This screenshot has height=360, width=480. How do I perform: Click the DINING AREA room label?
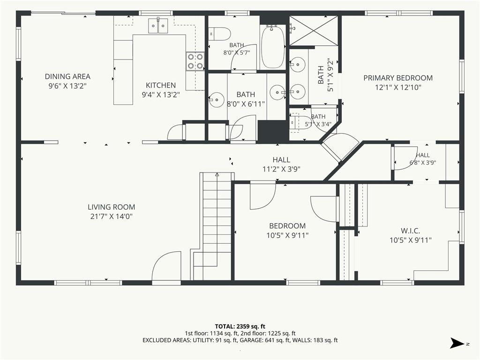67,76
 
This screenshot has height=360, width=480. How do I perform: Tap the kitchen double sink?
158,25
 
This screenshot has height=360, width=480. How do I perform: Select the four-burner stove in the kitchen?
195,61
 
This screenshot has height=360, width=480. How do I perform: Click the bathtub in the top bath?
272,46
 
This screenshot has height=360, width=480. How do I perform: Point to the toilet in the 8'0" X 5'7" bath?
219,34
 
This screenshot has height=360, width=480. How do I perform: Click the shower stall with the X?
314,30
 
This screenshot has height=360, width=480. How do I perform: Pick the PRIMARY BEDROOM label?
398,78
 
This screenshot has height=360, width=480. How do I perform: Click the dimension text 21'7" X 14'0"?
112,217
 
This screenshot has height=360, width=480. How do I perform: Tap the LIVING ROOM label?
112,207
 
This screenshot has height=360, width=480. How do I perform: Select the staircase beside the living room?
212,226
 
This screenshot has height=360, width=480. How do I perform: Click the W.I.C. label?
410,231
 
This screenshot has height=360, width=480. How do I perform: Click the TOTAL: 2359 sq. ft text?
240,326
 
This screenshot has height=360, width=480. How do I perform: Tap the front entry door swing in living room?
166,266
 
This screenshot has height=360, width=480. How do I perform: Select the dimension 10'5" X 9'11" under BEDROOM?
287,235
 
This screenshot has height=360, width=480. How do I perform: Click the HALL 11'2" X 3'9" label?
281,165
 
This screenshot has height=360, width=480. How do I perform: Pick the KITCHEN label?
161,85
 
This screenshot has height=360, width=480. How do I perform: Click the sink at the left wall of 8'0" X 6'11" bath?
217,99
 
